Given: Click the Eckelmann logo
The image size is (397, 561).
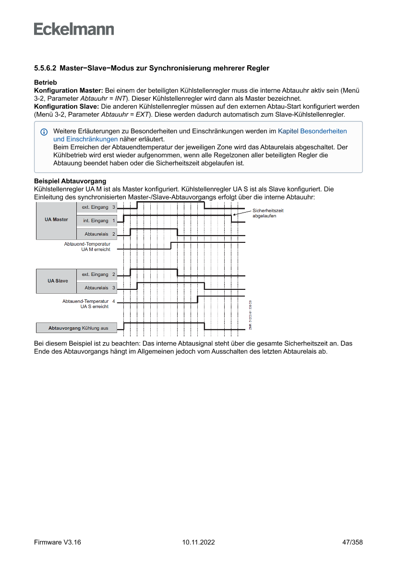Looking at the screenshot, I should [74, 29].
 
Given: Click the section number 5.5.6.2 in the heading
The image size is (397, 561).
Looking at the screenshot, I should [46, 68].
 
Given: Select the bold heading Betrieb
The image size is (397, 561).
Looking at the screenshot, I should [46, 83].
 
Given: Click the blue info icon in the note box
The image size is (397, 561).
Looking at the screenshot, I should [44, 131].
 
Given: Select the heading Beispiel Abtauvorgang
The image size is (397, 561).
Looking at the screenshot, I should [70, 181].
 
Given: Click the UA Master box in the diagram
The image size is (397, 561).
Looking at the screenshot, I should [56, 220].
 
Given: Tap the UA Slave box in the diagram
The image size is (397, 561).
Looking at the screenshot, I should [56, 281].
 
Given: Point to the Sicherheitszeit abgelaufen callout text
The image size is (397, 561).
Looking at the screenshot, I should [267, 213].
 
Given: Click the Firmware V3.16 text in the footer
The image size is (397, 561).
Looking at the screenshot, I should [58, 542].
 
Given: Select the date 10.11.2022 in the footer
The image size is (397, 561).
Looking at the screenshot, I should [198, 542].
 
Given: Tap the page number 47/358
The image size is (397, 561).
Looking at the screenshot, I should [352, 542].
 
